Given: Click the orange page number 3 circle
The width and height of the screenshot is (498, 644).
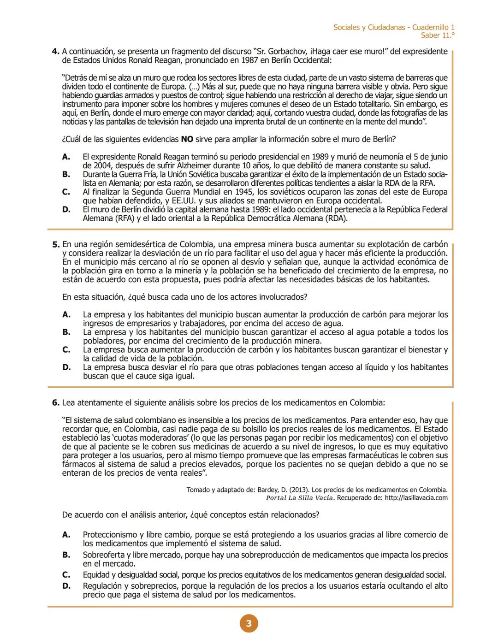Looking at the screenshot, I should coord(249,624).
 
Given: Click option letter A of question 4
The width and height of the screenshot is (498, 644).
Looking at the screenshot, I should coord(66,157).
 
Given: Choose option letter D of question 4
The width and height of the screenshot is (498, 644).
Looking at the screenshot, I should coord(66,210).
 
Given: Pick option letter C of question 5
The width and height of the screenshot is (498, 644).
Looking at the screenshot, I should coord(66,350).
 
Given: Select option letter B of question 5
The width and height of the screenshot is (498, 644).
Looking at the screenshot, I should coord(66,332).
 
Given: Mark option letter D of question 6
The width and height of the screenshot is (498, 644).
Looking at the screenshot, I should coord(66,586).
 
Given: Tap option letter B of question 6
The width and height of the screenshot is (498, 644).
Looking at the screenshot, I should coord(66,555).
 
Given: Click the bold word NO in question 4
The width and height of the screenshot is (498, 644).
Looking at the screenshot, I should coord(187,139).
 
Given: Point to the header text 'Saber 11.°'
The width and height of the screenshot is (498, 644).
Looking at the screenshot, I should coord(437,35).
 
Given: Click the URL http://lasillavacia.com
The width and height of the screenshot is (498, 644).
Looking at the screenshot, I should coord(416,498).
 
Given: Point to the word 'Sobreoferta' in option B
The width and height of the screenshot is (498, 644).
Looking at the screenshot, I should coord(103,555).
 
